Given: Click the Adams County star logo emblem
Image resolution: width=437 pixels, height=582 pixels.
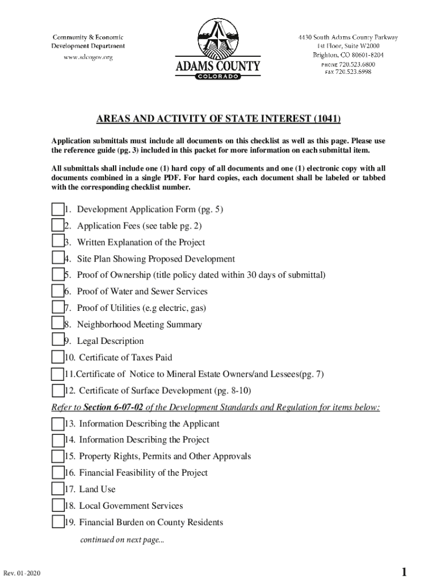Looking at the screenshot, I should click(218, 38).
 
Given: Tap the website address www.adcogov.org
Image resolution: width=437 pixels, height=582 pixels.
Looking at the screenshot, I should click(88, 57).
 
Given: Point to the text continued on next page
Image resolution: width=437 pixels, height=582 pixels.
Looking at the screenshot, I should click(121, 541).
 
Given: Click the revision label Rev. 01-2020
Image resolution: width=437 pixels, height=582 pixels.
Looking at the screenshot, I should click(21, 573).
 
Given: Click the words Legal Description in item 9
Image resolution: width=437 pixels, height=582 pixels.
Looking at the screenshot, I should click(110, 341).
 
